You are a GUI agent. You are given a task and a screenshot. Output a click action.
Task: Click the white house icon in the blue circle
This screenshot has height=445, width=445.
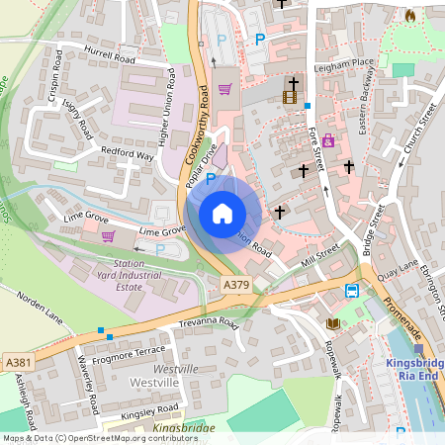tap(222, 214)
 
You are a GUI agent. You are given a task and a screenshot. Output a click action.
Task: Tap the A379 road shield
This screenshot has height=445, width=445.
tap(235, 285)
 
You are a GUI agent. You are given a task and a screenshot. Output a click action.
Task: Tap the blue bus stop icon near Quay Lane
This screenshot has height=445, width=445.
tap(352, 290)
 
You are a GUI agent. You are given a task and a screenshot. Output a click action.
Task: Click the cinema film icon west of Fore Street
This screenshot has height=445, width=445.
tap(289, 97)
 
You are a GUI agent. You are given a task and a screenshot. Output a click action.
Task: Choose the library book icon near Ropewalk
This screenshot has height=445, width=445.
tap(331, 323)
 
